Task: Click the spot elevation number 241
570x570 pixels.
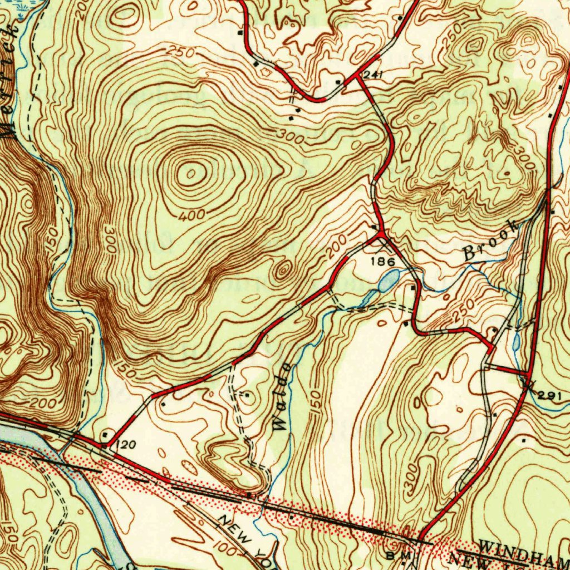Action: pyautogui.click(x=370, y=73)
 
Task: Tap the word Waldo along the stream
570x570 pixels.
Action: pyautogui.click(x=282, y=396)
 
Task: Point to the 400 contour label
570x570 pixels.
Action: pyautogui.click(x=193, y=214)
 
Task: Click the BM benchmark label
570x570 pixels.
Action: pyautogui.click(x=402, y=556)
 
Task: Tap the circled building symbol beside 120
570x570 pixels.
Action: pyautogui.click(x=106, y=434)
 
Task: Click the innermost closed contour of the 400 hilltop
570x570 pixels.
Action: pyautogui.click(x=190, y=175)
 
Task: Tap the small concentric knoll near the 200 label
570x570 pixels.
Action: pyautogui.click(x=283, y=271)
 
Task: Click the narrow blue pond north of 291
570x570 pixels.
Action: pyautogui.click(x=515, y=341)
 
